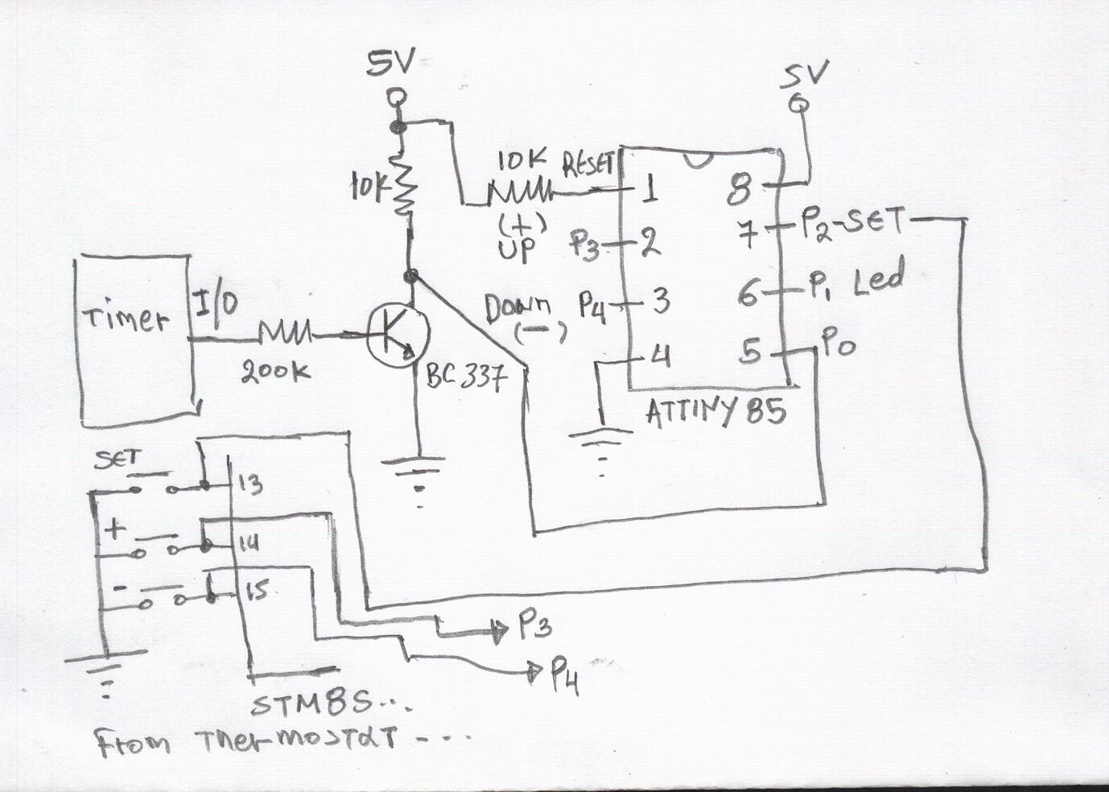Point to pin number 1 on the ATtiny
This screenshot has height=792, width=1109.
pos(649,191)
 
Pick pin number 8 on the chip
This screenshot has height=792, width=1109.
pos(739,191)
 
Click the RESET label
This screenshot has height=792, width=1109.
pos(590,167)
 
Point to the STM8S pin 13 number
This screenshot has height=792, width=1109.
pos(250,485)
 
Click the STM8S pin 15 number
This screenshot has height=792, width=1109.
pos(256,594)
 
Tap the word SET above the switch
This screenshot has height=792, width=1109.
pos(117,460)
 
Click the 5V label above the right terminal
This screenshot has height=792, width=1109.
pos(805,76)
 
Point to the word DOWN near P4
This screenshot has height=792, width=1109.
pos(517,307)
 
